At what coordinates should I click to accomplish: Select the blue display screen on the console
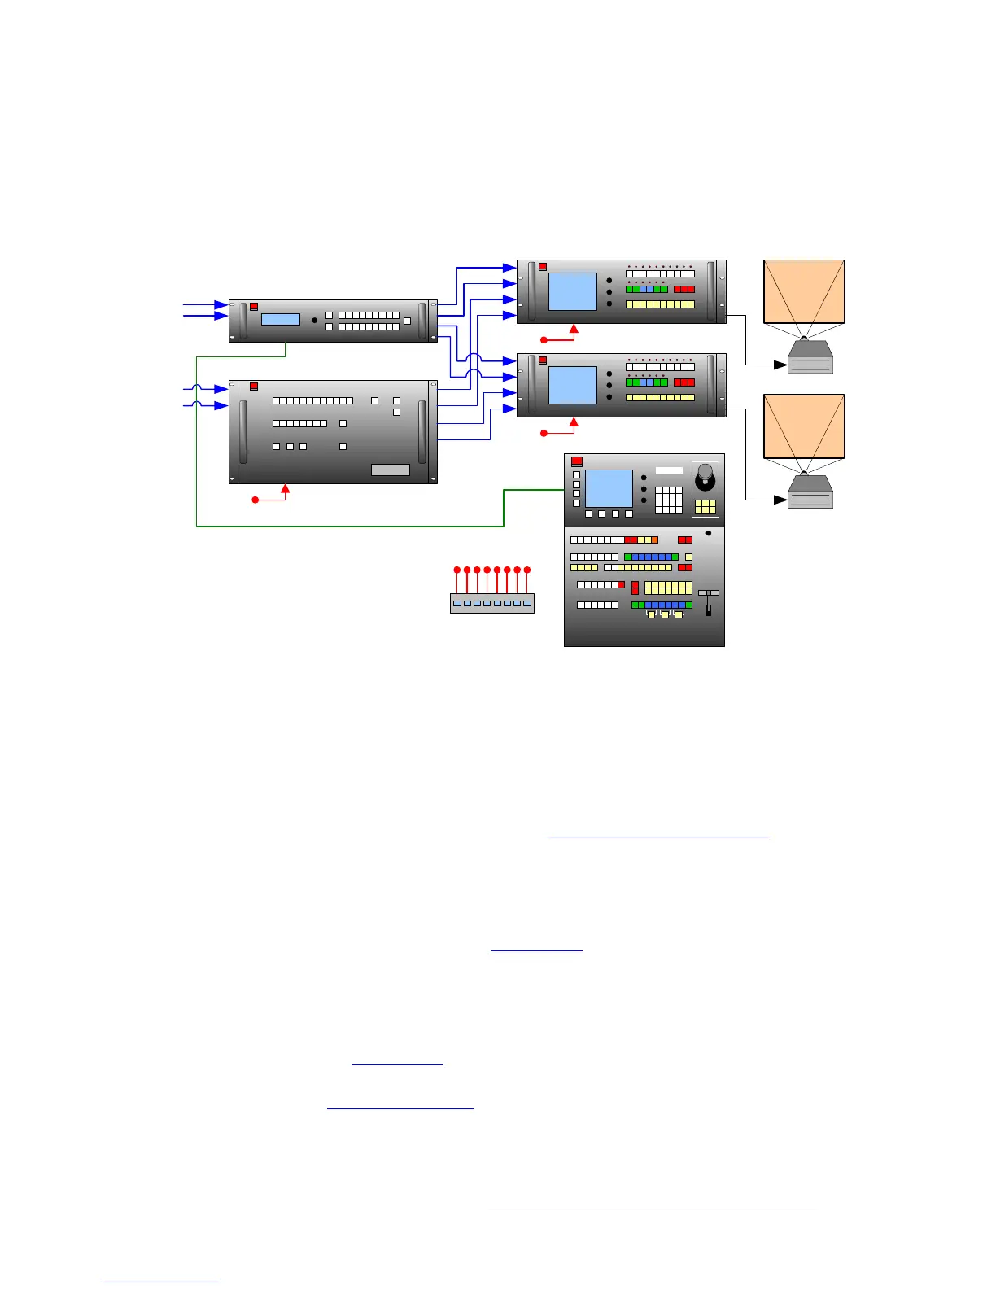pos(609,488)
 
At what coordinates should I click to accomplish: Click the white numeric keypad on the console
pos(668,500)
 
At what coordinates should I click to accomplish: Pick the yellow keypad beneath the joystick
pos(705,506)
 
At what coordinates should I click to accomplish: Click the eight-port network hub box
pos(492,603)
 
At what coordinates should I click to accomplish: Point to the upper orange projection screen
pos(804,291)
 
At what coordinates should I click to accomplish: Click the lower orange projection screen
pos(804,426)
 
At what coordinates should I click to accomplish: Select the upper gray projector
pos(810,357)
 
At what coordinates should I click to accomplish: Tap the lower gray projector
pos(810,492)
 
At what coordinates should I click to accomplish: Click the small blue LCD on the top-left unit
pos(281,320)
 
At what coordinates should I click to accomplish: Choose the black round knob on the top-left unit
pos(314,321)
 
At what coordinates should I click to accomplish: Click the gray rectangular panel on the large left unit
pos(391,470)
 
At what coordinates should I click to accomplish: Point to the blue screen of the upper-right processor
pos(573,291)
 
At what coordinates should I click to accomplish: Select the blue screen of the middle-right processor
pos(573,385)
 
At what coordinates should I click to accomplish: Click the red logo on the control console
pos(577,461)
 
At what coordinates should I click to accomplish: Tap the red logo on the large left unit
pos(254,386)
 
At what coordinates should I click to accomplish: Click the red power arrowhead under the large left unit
pos(285,488)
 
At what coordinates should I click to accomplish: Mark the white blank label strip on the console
pos(669,470)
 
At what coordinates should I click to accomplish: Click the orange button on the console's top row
pos(654,540)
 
